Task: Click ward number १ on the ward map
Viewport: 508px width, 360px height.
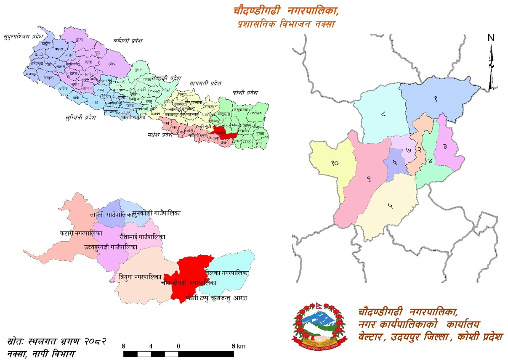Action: [x=436, y=99]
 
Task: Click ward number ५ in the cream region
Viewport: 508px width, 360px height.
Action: [x=390, y=206]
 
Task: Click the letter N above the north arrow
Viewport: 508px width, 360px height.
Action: [x=491, y=37]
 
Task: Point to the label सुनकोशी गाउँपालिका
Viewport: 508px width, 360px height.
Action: [x=157, y=214]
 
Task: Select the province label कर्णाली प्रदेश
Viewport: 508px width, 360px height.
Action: [x=128, y=41]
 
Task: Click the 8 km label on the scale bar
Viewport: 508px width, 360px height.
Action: [x=238, y=346]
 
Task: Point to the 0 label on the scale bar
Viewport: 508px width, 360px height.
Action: [x=178, y=346]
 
